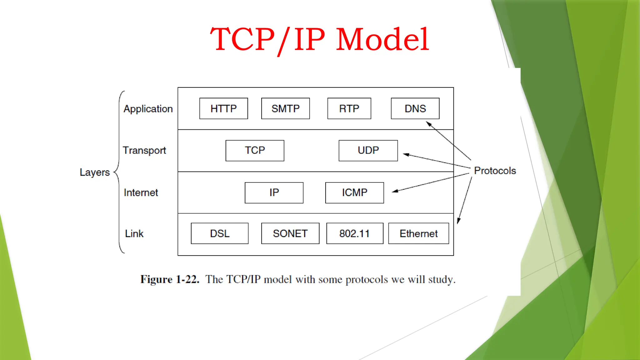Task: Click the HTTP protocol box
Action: tap(223, 108)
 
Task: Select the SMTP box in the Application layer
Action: tap(285, 108)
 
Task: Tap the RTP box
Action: tap(349, 108)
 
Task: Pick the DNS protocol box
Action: tap(415, 108)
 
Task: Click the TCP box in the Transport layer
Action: tap(255, 150)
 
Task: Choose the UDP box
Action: tap(368, 150)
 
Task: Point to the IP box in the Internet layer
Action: tap(274, 192)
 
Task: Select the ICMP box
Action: tap(354, 192)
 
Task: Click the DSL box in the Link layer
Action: tap(219, 233)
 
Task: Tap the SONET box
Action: tap(290, 233)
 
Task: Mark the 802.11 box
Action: tap(354, 233)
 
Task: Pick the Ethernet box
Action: tap(418, 233)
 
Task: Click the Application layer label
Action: tap(148, 109)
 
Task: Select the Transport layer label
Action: tap(144, 151)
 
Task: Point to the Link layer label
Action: tap(134, 233)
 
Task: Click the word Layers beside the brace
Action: tap(95, 172)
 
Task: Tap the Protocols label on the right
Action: tap(495, 171)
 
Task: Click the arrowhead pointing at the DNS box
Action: tap(429, 124)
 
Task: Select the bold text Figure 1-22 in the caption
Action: tap(170, 279)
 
